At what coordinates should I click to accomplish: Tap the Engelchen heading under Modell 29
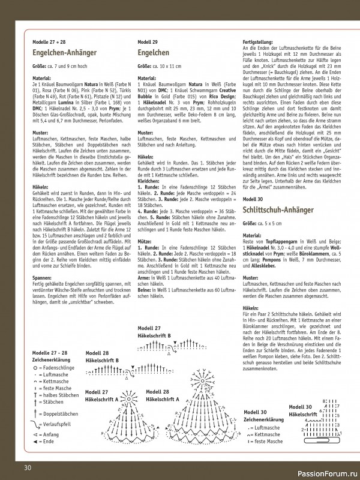[154, 53]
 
